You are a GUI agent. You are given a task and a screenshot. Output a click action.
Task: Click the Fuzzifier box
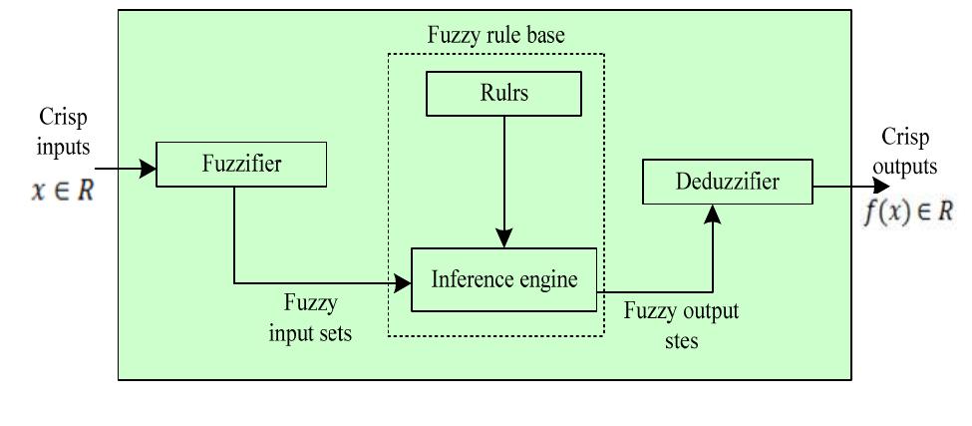pyautogui.click(x=241, y=165)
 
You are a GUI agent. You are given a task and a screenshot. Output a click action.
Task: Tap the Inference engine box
pyautogui.click(x=503, y=280)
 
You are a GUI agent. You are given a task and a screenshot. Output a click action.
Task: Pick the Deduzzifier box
pyautogui.click(x=726, y=183)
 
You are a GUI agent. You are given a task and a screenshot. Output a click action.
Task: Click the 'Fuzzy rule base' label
pyautogui.click(x=495, y=36)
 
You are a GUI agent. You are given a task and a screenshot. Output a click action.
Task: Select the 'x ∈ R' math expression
pyautogui.click(x=62, y=192)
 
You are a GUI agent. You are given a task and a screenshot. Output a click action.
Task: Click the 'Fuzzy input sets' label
pyautogui.click(x=310, y=317)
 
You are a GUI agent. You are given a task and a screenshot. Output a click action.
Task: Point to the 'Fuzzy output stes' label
pyautogui.click(x=681, y=323)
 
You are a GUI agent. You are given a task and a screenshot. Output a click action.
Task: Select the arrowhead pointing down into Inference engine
pyautogui.click(x=504, y=239)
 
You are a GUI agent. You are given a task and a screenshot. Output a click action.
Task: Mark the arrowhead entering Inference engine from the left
pyautogui.click(x=404, y=283)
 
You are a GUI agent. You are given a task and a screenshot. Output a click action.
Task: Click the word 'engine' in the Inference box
pyautogui.click(x=547, y=280)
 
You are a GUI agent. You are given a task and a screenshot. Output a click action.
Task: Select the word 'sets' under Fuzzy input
pyautogui.click(x=331, y=332)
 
